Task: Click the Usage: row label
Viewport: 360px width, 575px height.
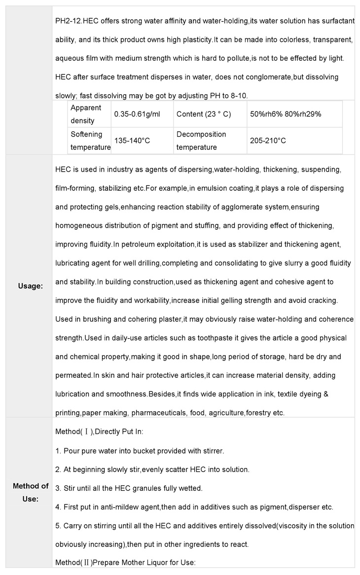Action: (x=30, y=286)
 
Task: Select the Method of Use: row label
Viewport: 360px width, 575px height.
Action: (x=30, y=492)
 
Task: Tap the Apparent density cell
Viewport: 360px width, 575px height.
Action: (x=86, y=114)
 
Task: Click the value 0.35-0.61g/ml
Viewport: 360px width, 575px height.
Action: (x=137, y=114)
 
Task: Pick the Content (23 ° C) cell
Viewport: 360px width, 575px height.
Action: (x=204, y=114)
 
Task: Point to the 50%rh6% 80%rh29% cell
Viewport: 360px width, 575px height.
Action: (x=286, y=114)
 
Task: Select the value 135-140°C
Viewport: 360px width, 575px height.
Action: (x=132, y=141)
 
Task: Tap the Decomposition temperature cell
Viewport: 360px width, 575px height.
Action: (x=201, y=141)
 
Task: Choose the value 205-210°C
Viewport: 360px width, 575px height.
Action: (x=268, y=141)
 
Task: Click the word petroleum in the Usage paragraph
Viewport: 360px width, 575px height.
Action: (x=135, y=245)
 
